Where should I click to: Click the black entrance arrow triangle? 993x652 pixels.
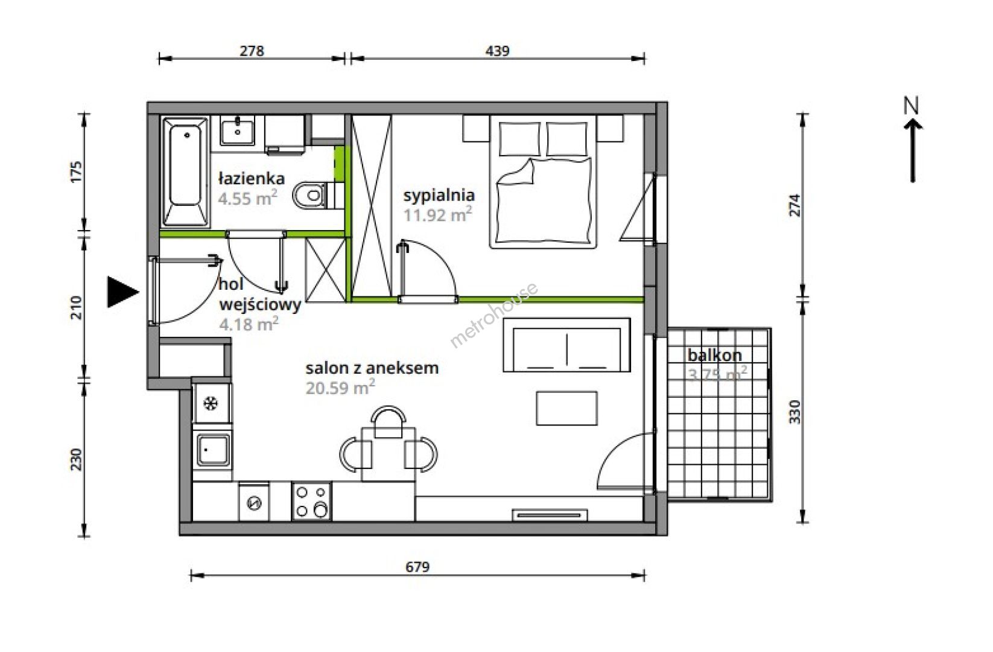click(x=121, y=292)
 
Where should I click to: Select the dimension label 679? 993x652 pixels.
click(x=417, y=567)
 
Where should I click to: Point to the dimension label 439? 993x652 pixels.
click(x=497, y=51)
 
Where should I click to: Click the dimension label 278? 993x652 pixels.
click(x=252, y=51)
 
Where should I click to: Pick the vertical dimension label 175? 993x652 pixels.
click(x=76, y=171)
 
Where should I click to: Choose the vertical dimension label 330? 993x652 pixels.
click(x=795, y=412)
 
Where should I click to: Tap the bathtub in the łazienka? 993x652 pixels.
click(x=186, y=171)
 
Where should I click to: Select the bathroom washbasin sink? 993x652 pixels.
click(x=238, y=130)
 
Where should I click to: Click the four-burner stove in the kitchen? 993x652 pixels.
click(x=311, y=500)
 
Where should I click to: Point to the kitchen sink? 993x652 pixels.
click(x=213, y=450)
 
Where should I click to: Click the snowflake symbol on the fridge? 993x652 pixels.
click(x=211, y=404)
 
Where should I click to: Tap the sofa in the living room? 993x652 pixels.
click(x=566, y=345)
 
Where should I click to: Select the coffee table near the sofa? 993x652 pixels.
click(x=566, y=408)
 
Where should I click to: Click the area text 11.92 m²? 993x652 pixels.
click(x=437, y=215)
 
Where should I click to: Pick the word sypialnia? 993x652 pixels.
click(x=439, y=195)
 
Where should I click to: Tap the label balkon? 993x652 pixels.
click(x=715, y=355)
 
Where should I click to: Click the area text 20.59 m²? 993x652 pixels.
click(x=340, y=387)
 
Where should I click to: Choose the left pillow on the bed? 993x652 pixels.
click(x=519, y=139)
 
